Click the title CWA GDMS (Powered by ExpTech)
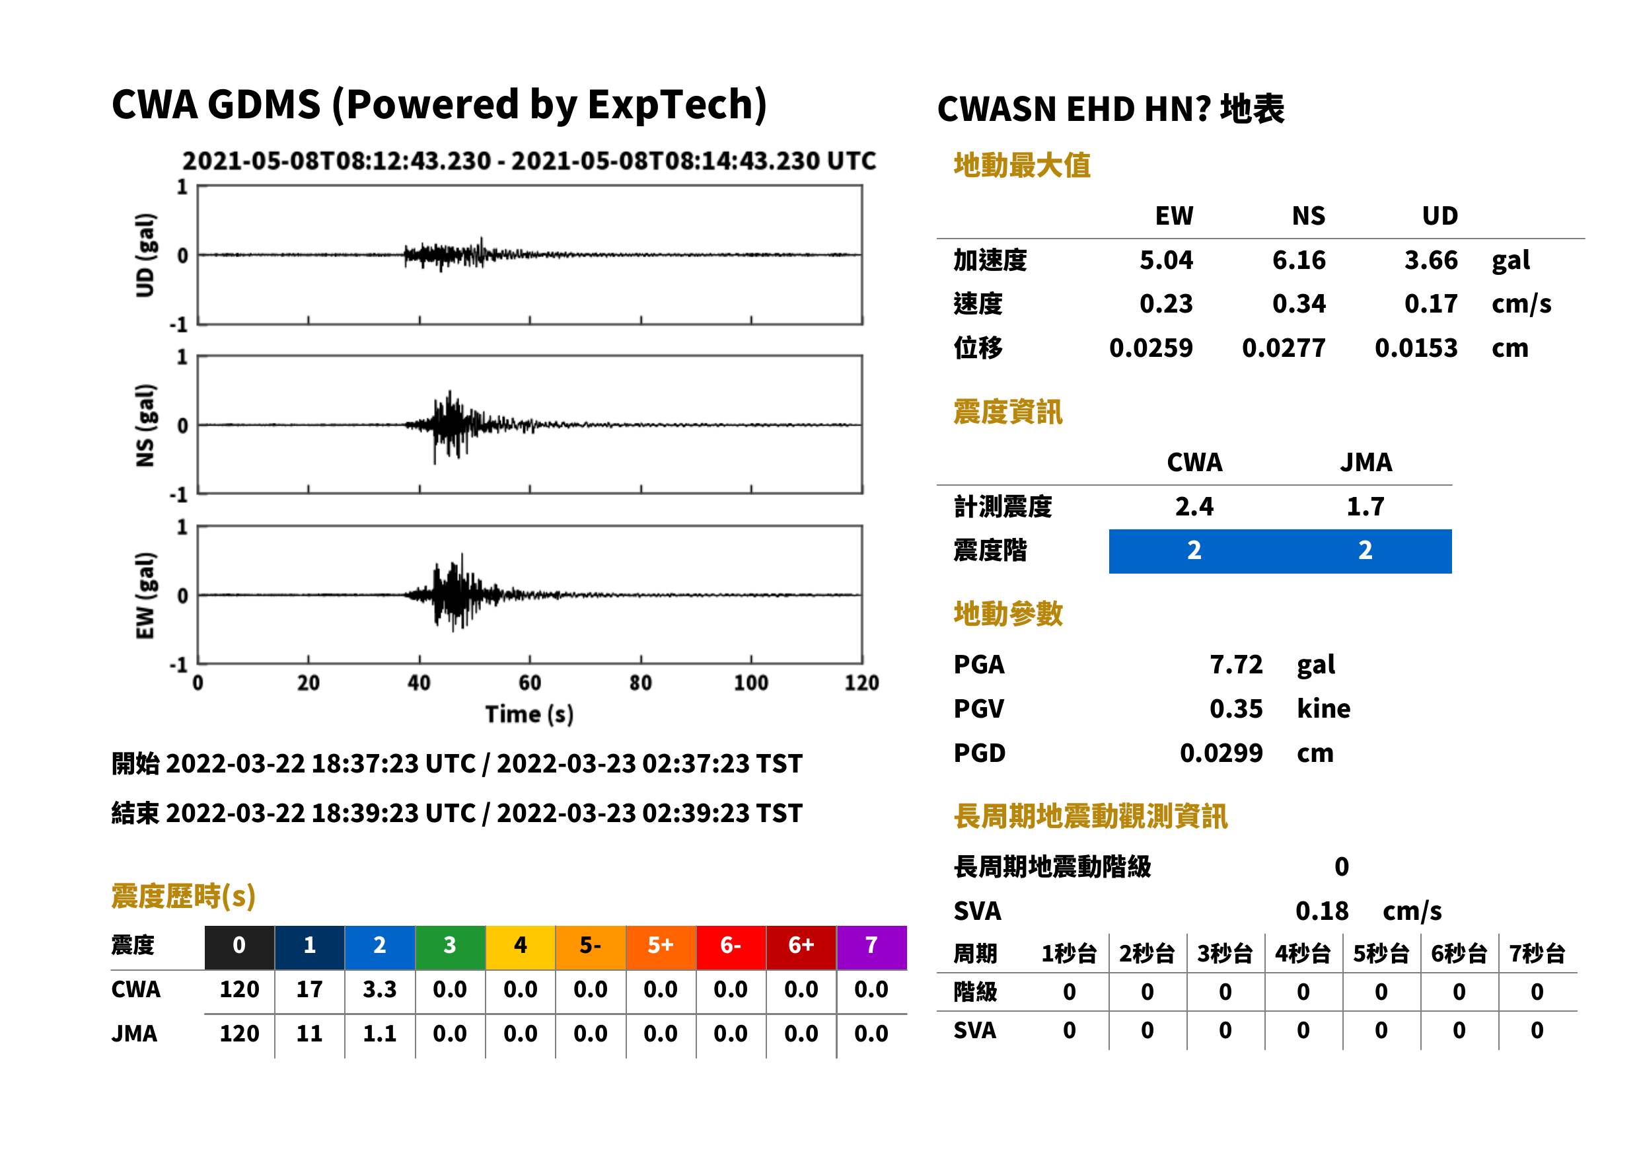click(439, 104)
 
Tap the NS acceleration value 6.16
click(1299, 260)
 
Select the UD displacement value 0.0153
click(1416, 348)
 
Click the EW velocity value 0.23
click(1166, 304)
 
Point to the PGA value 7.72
click(1236, 665)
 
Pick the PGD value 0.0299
click(1221, 753)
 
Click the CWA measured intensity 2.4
click(1194, 507)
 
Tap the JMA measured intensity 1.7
click(1365, 507)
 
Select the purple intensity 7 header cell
click(871, 946)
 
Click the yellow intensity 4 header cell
click(521, 946)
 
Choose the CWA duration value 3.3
click(380, 989)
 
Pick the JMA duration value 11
click(309, 1034)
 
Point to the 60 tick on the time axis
click(530, 683)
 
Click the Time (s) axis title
click(530, 714)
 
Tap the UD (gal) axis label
click(145, 255)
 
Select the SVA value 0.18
click(1322, 911)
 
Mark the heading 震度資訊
click(1007, 412)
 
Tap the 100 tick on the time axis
click(751, 683)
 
